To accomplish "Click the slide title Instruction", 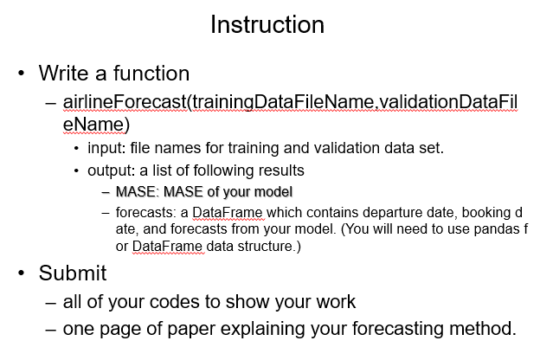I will click(267, 24).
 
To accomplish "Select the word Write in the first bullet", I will click(65, 74).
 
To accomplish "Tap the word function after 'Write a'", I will click(151, 74).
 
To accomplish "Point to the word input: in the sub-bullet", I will click(105, 148).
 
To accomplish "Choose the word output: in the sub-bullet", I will click(109, 170).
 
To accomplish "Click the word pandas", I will click(482, 230).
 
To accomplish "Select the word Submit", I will click(73, 274).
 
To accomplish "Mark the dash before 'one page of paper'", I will click(51, 330).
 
